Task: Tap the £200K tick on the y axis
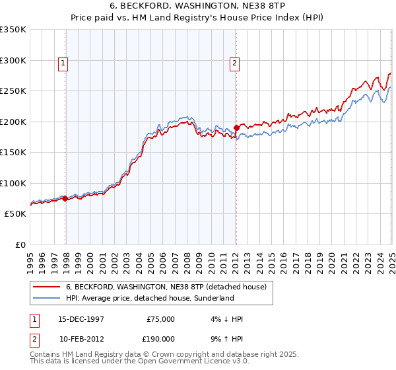[x=15, y=122]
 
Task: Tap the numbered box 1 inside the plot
[x=63, y=63]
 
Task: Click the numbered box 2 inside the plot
[x=234, y=63]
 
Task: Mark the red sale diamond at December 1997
[x=65, y=198]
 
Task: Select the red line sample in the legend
[x=47, y=287]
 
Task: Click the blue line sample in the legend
[x=47, y=299]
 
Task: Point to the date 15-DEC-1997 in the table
[x=82, y=319]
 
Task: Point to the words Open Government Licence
[x=180, y=362]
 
